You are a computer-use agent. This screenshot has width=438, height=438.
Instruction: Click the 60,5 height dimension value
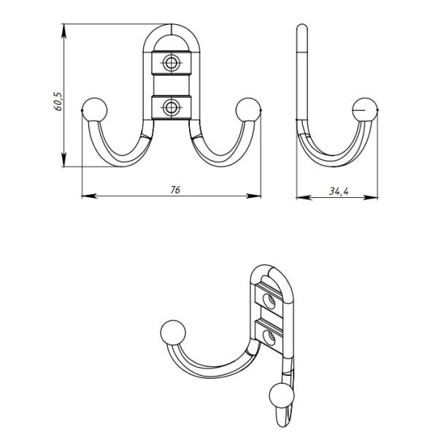[58, 101]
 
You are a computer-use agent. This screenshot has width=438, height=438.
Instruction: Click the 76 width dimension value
[175, 190]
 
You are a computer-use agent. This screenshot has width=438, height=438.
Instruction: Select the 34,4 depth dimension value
[339, 191]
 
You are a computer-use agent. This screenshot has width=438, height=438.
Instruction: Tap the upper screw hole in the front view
[170, 63]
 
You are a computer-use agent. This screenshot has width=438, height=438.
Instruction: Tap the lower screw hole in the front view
[170, 107]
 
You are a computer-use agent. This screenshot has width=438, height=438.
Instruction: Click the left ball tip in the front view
[95, 109]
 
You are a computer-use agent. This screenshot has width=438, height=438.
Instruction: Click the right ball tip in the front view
[247, 109]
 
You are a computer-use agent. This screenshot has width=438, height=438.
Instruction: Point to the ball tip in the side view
[364, 109]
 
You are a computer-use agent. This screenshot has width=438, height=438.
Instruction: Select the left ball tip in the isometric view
[173, 332]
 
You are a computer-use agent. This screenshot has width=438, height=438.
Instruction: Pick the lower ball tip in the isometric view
[282, 396]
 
